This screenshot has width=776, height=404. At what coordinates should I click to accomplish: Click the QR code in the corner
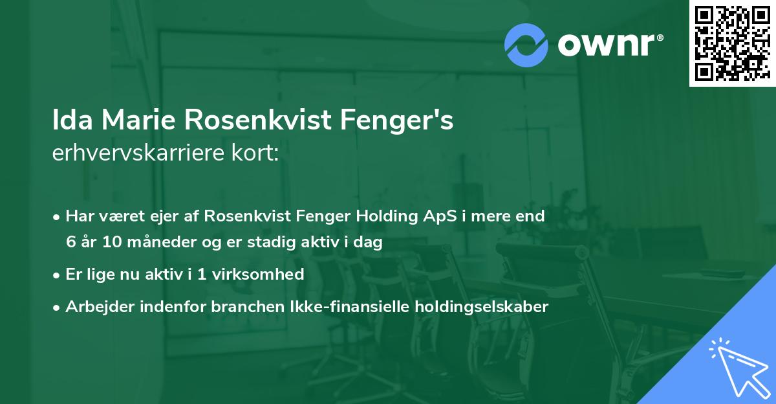pos(732,43)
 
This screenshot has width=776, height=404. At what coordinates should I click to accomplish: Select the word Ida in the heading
pos(71,121)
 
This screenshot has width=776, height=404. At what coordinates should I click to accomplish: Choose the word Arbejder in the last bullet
pos(96,307)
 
